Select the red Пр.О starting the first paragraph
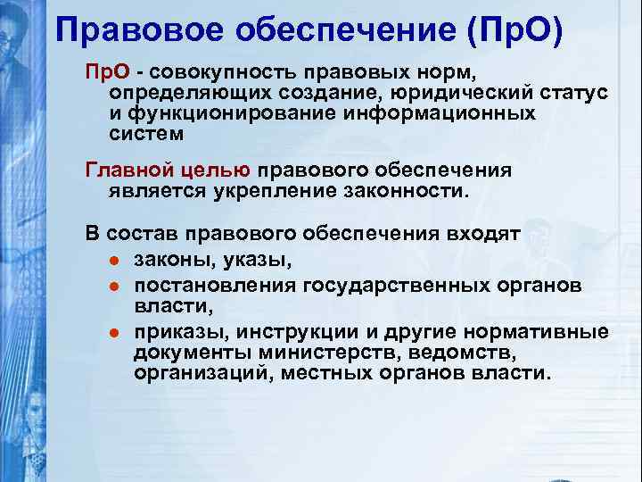click(107, 72)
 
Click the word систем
click(147, 134)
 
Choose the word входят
click(489, 234)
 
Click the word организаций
click(203, 372)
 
